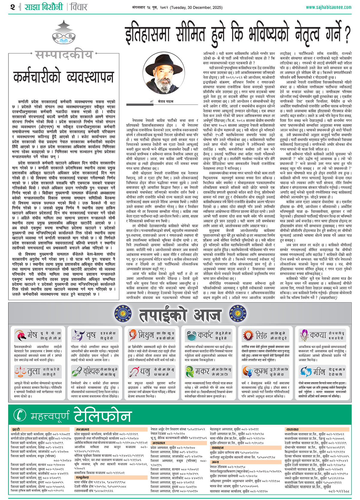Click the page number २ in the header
coord(12,7)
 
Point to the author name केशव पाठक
coord(166,101)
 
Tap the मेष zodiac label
coord(32,334)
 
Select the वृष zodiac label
coord(91,334)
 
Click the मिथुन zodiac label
coord(146,334)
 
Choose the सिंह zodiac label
coord(261,334)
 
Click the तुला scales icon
coord(20,371)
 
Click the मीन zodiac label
coord(319,371)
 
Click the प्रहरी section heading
coord(16,429)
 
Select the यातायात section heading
coord(292,429)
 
